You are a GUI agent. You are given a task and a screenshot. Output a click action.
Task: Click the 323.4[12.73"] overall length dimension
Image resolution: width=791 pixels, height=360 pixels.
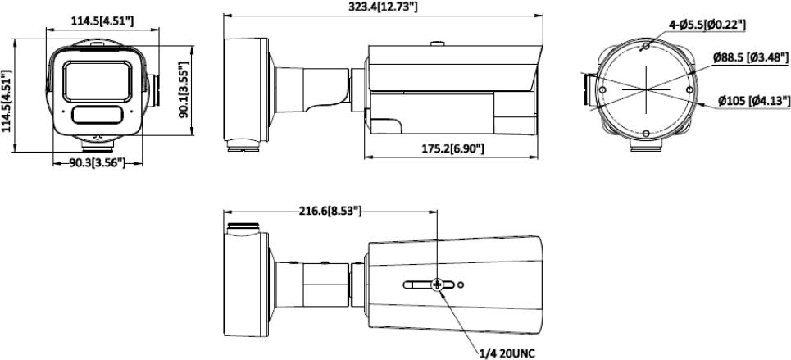pos(384,7)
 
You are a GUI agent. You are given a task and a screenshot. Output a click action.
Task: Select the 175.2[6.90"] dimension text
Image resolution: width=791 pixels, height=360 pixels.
pos(453,148)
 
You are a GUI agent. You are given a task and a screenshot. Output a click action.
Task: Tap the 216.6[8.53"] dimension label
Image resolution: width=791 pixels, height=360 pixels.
pos(330,211)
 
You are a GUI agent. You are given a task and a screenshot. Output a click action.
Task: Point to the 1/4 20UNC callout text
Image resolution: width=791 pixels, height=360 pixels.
pos(508,353)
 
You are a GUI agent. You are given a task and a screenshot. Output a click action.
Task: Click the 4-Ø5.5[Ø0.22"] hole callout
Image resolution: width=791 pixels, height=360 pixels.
pos(707,24)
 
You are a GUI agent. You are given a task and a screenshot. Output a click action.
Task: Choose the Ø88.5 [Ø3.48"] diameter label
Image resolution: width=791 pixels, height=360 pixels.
pos(751,57)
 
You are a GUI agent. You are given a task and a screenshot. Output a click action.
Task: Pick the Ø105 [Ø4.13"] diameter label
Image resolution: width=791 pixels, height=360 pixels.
pos(754,101)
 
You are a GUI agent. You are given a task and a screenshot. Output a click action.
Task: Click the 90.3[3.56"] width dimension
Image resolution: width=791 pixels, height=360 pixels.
pos(97,162)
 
